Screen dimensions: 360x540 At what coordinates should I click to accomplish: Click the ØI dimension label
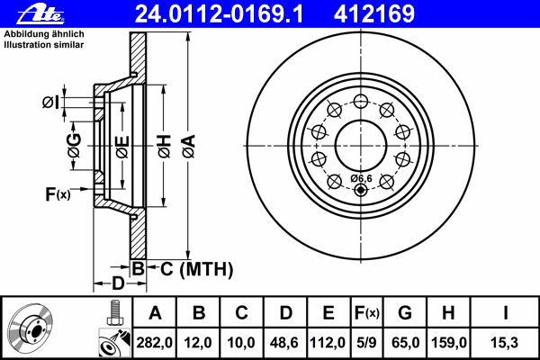(x=50, y=102)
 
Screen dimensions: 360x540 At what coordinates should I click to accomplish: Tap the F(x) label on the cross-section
(x=57, y=194)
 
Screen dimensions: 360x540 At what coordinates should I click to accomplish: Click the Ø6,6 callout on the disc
(x=361, y=177)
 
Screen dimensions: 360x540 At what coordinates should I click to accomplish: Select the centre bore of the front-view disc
(x=360, y=144)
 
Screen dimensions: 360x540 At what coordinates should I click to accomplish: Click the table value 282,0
(x=156, y=343)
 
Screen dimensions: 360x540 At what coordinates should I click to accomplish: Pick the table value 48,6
(x=285, y=343)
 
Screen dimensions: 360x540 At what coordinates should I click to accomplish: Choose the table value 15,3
(x=505, y=343)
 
